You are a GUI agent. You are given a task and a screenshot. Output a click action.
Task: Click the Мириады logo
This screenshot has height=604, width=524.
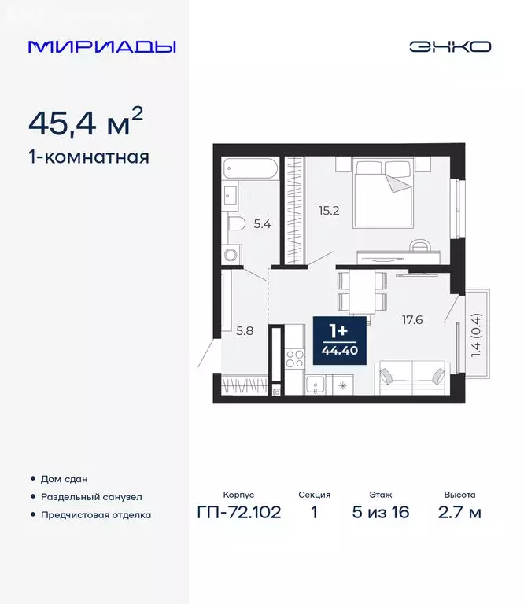pyautogui.click(x=102, y=46)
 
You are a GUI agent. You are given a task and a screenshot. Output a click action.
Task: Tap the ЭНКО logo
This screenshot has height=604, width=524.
pyautogui.click(x=449, y=46)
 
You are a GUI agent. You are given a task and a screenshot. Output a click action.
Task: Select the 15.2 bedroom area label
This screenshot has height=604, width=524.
pyautogui.click(x=329, y=210)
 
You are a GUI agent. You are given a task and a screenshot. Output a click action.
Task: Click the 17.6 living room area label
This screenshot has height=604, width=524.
pyautogui.click(x=412, y=320)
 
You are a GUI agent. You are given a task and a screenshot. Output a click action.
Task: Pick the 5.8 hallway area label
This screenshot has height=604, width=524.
pyautogui.click(x=244, y=331)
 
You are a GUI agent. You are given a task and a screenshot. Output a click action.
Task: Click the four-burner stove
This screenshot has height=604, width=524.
pyautogui.click(x=294, y=359)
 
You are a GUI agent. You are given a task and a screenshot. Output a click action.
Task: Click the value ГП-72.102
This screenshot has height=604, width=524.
pyautogui.click(x=239, y=514)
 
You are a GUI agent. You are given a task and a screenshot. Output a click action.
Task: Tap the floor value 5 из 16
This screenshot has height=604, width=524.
pyautogui.click(x=380, y=514)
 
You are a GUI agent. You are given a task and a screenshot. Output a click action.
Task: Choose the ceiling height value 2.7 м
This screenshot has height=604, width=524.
pyautogui.click(x=459, y=514)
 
